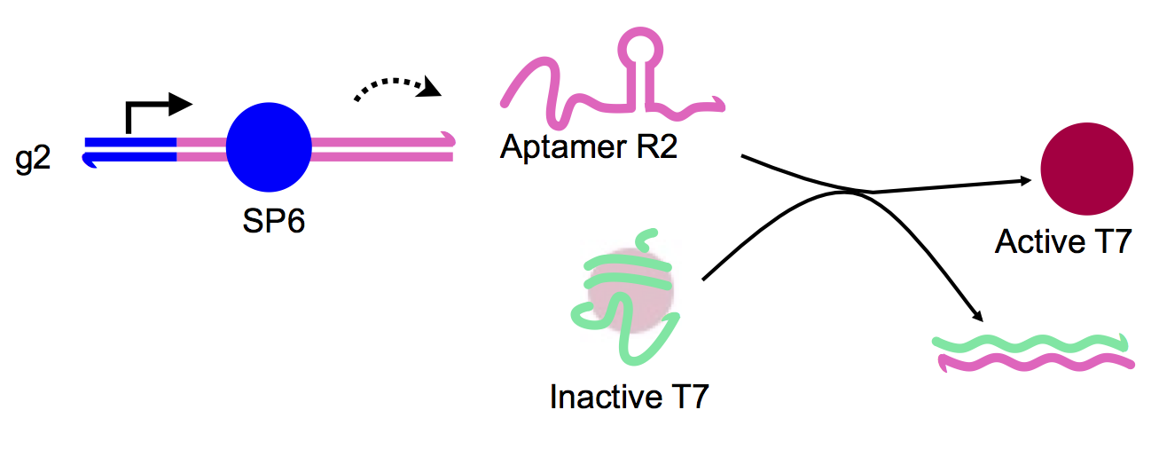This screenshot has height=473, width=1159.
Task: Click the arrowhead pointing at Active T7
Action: [1027, 180]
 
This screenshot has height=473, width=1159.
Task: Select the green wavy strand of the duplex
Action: [1029, 343]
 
